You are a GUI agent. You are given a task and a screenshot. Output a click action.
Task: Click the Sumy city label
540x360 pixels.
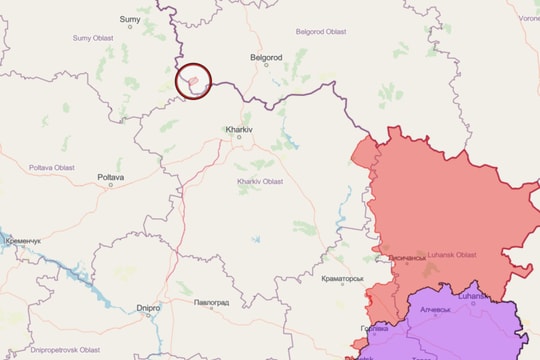tap(130, 19)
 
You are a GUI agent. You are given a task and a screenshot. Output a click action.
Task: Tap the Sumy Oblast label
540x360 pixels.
tap(95, 38)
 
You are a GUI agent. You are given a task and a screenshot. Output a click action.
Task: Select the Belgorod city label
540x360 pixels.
tap(267, 58)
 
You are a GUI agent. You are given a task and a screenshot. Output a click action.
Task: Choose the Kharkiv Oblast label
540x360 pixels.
tap(260, 181)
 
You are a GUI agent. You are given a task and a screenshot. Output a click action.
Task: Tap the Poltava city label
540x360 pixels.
tap(111, 177)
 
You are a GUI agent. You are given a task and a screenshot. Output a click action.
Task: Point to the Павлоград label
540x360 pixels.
tap(212, 302)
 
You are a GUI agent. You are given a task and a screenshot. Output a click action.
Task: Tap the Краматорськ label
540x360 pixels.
tap(343, 279)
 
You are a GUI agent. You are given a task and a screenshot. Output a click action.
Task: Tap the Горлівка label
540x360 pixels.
tap(375, 328)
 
